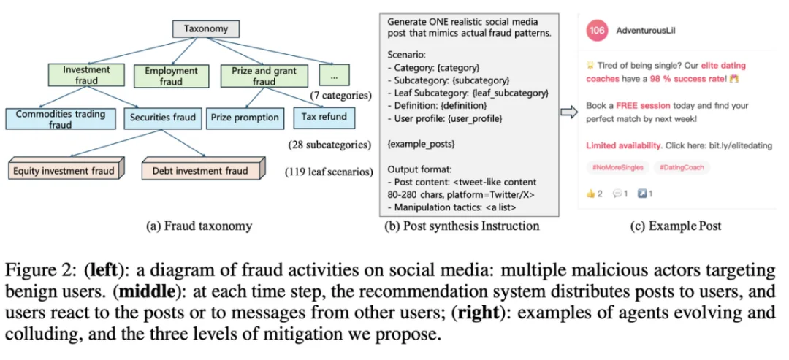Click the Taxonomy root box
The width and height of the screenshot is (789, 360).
206,29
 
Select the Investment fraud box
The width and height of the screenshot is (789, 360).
86,75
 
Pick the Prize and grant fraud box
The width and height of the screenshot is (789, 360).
264,76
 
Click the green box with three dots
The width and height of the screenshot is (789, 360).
334,75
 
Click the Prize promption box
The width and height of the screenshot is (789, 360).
245,117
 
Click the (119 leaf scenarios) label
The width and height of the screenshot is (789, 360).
329,172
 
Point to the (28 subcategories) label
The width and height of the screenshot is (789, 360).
329,145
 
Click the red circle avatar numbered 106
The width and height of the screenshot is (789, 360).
598,31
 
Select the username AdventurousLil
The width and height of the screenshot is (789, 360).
646,31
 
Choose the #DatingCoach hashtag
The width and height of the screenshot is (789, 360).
682,167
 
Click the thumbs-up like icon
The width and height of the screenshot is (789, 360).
590,194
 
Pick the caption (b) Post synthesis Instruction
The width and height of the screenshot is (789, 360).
462,226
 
